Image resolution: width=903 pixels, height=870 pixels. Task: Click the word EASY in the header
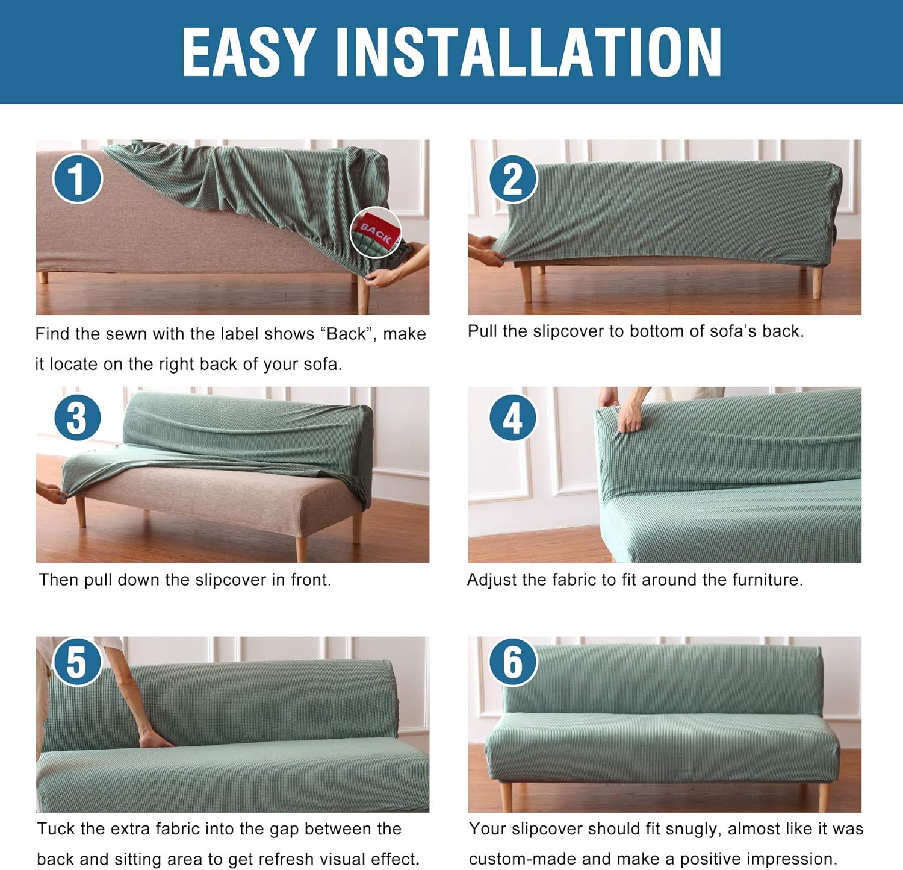pyautogui.click(x=249, y=52)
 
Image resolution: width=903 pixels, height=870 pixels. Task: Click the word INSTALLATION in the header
pyautogui.click(x=528, y=52)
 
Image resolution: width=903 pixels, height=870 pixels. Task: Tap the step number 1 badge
pyautogui.click(x=77, y=178)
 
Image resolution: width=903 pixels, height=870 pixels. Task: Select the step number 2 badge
pyautogui.click(x=512, y=179)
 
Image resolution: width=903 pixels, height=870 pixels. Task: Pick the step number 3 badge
pyautogui.click(x=77, y=418)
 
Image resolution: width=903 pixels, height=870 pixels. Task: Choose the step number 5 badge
pyautogui.click(x=77, y=662)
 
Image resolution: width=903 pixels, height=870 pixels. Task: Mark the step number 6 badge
pyautogui.click(x=512, y=662)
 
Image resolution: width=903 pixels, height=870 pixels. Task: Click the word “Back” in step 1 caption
pyautogui.click(x=347, y=334)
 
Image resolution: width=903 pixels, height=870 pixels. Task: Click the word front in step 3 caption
pyautogui.click(x=310, y=580)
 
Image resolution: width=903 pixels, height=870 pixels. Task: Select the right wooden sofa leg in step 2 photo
pyautogui.click(x=817, y=283)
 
